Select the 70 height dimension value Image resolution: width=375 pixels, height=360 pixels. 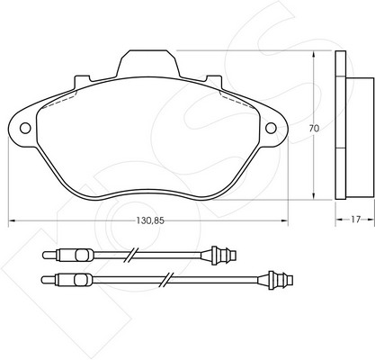314,129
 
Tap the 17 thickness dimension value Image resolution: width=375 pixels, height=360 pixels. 355,220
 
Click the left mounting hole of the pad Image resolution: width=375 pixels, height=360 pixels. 25,128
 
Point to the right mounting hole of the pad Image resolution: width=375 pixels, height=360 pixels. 271,128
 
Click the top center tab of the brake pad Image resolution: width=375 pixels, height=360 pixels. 148,64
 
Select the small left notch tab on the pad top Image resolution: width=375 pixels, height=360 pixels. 82,80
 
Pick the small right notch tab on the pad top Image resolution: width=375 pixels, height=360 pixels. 214,80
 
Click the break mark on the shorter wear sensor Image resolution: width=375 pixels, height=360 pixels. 131,255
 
